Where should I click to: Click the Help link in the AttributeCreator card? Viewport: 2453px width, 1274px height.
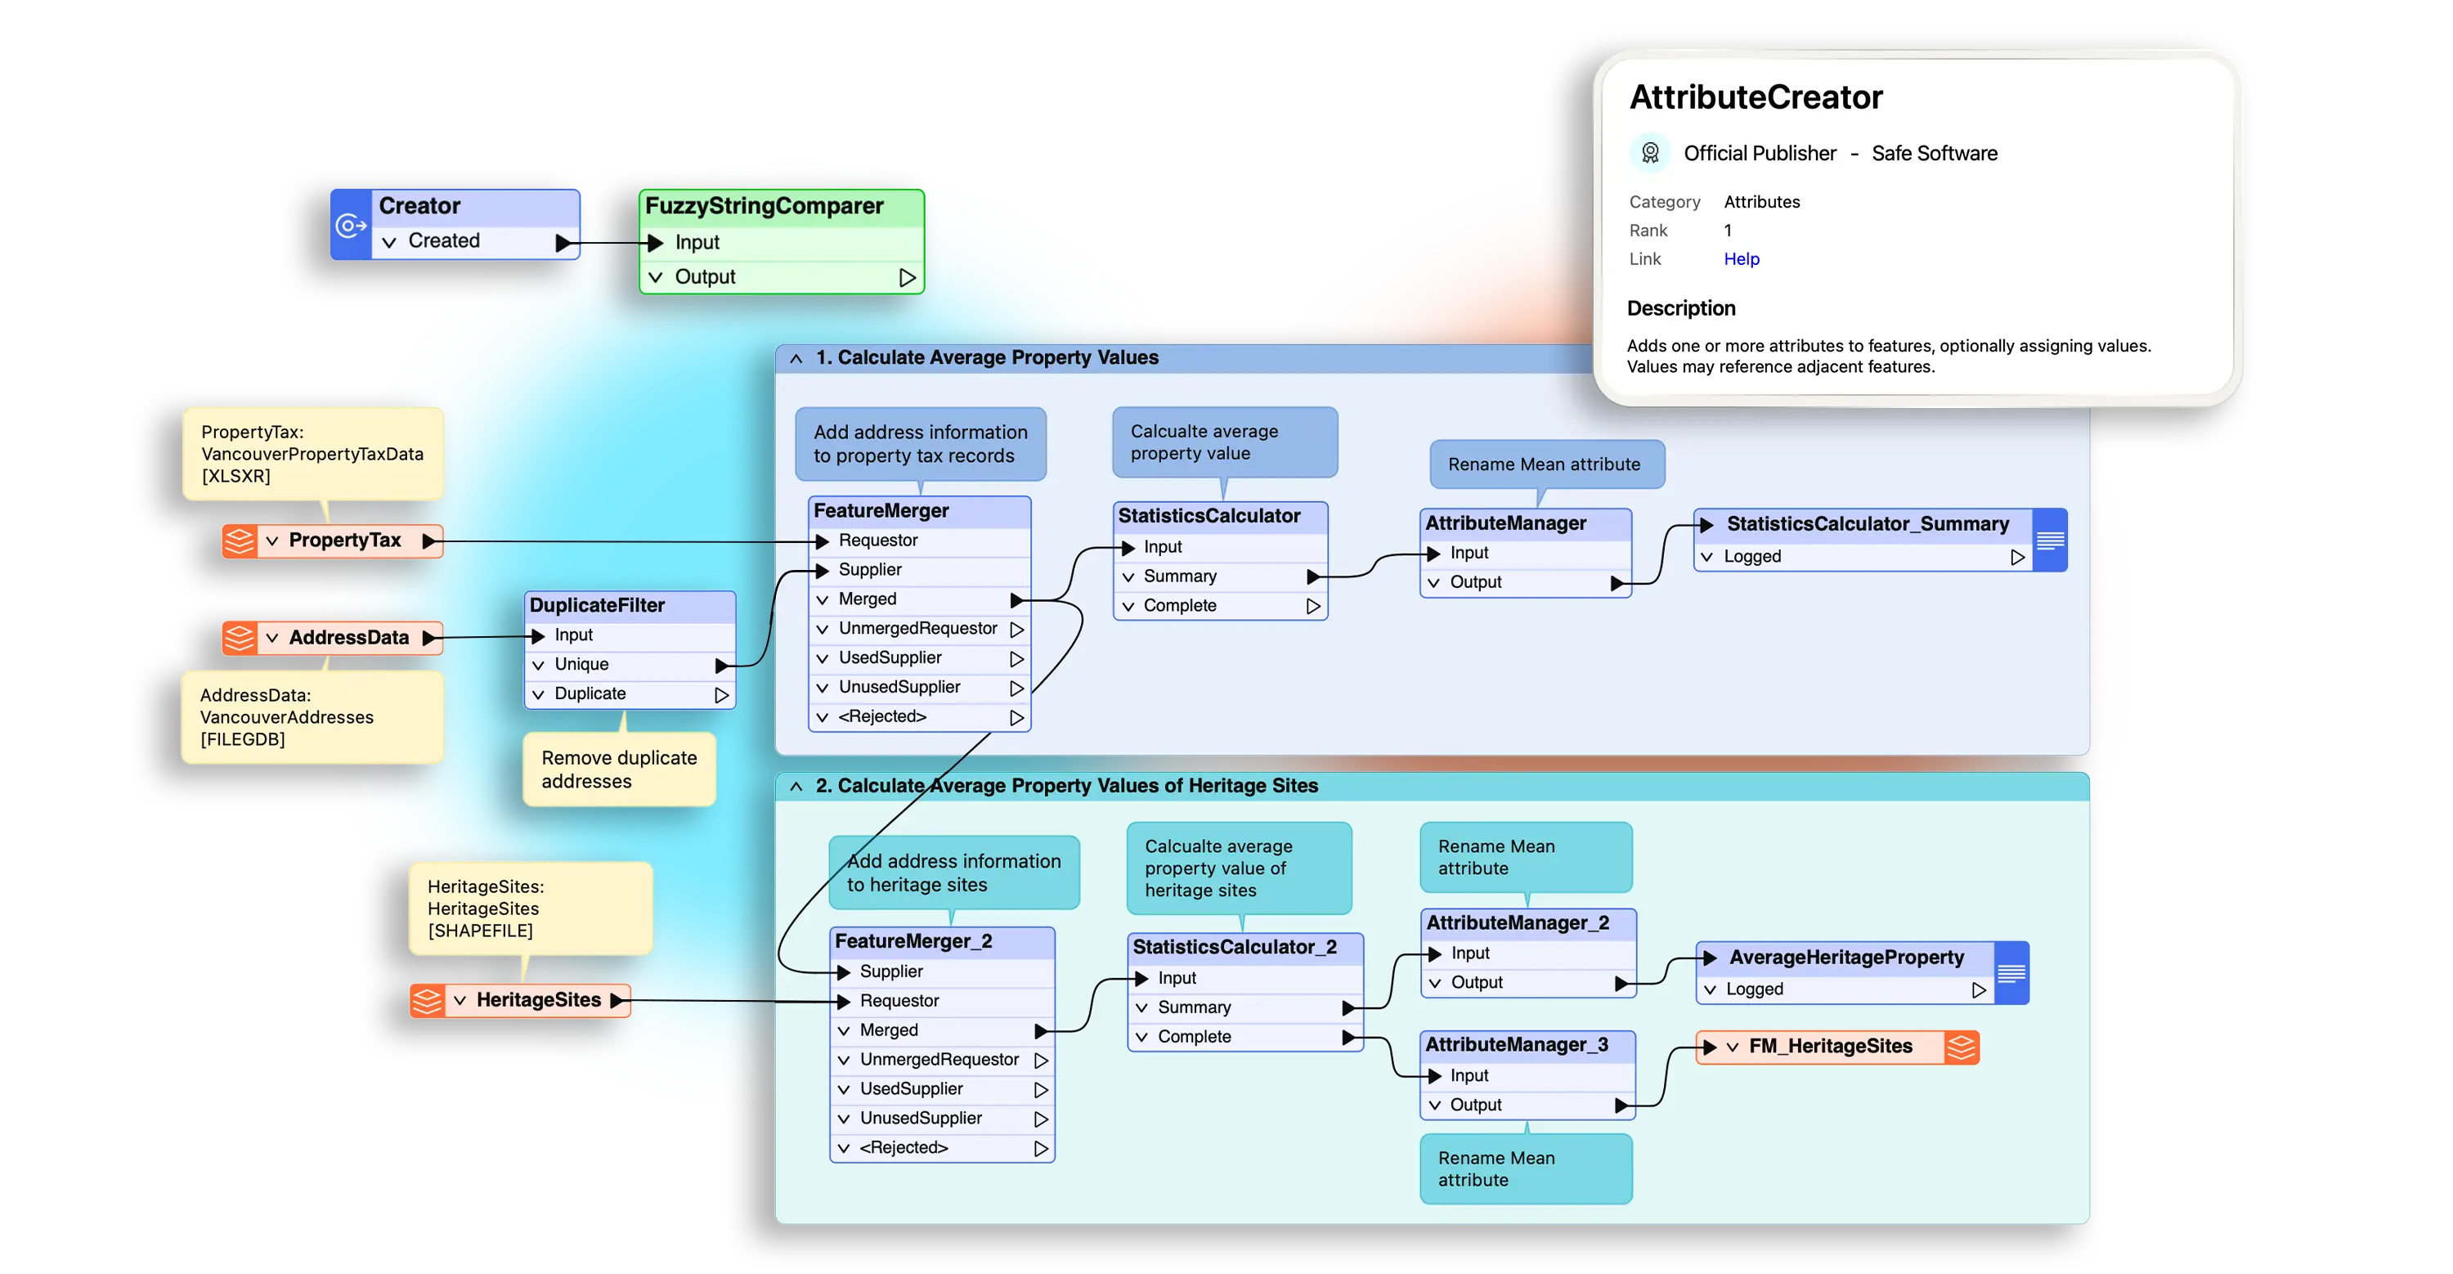click(x=1741, y=259)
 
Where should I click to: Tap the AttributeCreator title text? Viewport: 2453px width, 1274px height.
click(x=1755, y=97)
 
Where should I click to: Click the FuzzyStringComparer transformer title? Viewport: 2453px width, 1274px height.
click(x=764, y=206)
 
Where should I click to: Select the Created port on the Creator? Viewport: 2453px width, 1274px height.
click(x=444, y=241)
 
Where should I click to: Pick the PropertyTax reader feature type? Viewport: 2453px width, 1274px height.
click(x=345, y=541)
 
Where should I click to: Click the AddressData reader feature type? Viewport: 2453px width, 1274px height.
click(x=348, y=638)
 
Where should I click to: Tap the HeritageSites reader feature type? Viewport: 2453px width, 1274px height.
click(x=538, y=1000)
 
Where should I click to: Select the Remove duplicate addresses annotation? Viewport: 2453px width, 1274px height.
click(x=619, y=769)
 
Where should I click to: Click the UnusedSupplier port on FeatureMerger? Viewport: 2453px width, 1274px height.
click(x=899, y=688)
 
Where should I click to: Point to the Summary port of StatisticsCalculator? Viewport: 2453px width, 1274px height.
click(x=1180, y=576)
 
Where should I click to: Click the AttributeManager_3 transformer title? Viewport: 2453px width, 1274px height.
click(x=1516, y=1044)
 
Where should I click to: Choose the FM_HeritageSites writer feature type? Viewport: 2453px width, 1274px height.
click(x=1829, y=1047)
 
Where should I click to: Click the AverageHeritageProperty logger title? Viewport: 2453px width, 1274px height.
click(x=1845, y=958)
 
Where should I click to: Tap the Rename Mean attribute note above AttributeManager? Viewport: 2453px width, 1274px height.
click(x=1544, y=464)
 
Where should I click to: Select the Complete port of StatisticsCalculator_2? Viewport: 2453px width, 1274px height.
click(x=1194, y=1037)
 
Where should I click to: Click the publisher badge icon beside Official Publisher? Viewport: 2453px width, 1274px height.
click(x=1650, y=152)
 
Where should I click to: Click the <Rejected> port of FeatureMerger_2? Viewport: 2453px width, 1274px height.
click(x=903, y=1148)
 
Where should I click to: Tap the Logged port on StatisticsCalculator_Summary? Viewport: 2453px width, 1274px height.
click(x=1752, y=557)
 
